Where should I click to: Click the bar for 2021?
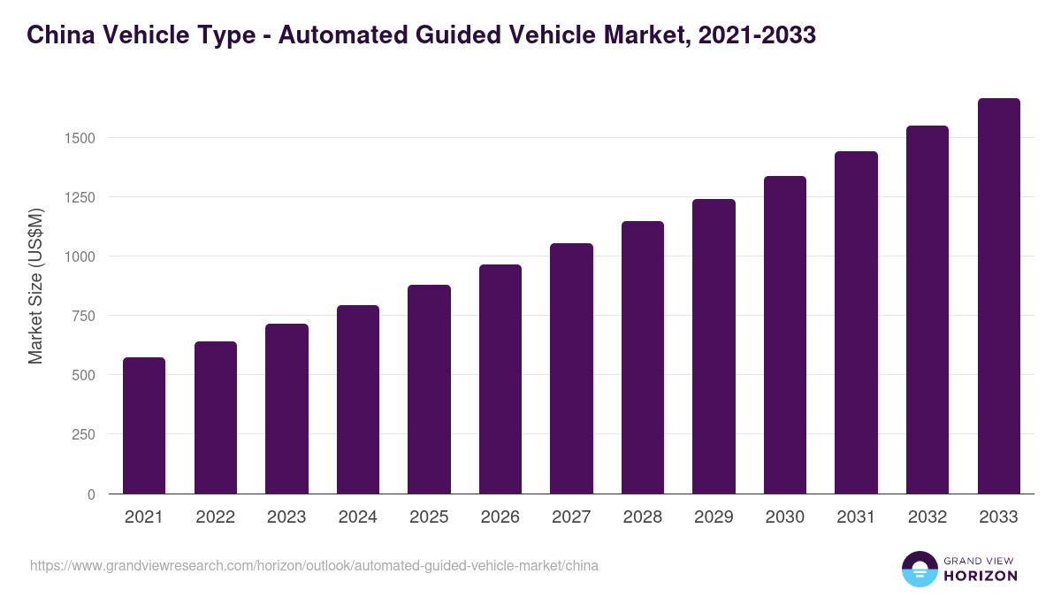click(144, 425)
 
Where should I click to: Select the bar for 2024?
click(358, 400)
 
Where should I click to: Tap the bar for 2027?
click(571, 369)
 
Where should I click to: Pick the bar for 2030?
click(785, 335)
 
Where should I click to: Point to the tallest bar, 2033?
click(998, 296)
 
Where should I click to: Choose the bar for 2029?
click(714, 347)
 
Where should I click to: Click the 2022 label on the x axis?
click(215, 517)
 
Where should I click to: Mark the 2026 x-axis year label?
click(500, 517)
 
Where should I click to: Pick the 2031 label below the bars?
click(856, 517)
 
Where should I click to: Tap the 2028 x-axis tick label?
click(642, 517)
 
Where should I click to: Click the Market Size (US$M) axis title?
click(35, 286)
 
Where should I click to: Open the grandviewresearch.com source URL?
click(314, 565)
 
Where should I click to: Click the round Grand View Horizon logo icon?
click(920, 569)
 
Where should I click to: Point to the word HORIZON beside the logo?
click(981, 576)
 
